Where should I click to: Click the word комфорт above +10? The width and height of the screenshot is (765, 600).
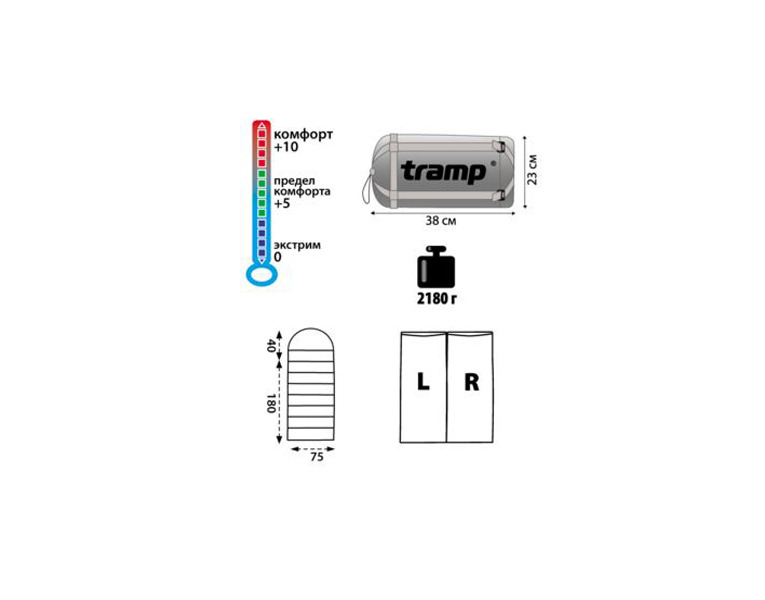point(303,134)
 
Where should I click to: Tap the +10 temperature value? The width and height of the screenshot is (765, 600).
point(286,147)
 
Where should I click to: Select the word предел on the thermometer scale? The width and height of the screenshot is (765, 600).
point(294,181)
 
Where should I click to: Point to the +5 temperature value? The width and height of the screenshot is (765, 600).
point(282,203)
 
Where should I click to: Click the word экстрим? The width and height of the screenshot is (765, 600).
point(297,245)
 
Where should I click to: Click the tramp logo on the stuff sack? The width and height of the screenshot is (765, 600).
point(443,172)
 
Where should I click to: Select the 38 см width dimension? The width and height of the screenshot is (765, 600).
point(441,221)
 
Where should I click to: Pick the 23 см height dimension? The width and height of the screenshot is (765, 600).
point(532,170)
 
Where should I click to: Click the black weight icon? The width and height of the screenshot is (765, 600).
point(436,267)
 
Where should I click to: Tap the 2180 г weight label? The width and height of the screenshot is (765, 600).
point(437,299)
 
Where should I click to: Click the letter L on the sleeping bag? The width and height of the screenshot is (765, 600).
point(423,381)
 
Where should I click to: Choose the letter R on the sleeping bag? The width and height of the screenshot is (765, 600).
point(472,382)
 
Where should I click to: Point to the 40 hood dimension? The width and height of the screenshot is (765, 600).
point(271,346)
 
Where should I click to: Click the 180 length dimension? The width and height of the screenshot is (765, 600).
point(271,403)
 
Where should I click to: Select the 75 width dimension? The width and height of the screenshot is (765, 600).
point(317,457)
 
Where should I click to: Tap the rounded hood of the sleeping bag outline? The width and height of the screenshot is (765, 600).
point(311,329)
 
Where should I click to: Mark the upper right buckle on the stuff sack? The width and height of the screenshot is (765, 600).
point(498,145)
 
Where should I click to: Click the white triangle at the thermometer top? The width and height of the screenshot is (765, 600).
point(262,126)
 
